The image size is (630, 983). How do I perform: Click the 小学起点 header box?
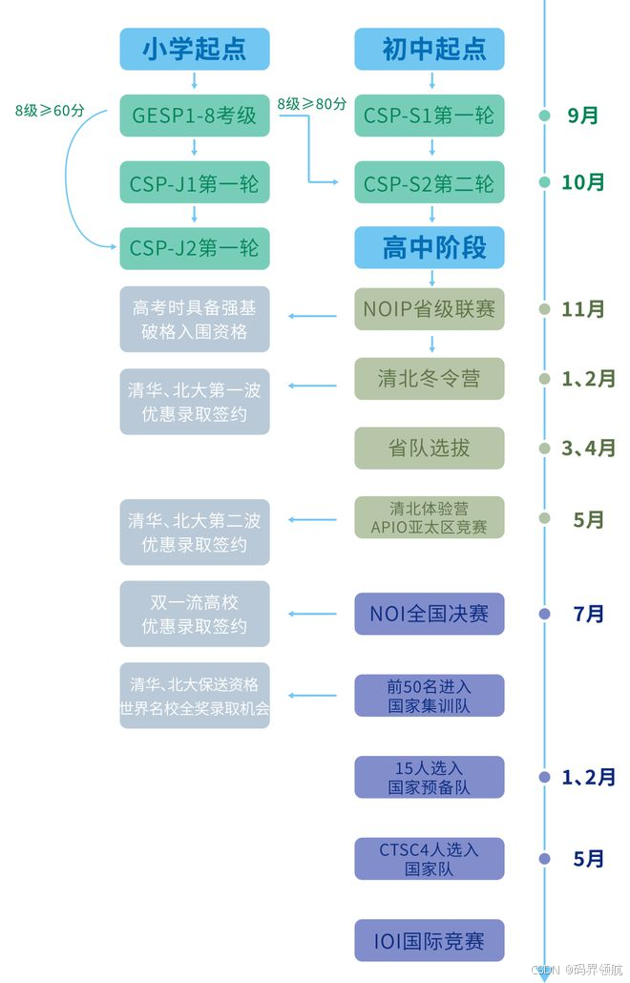195,49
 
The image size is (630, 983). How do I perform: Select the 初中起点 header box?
430,49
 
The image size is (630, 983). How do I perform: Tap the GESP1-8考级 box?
195,115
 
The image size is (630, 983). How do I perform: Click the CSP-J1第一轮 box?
195,181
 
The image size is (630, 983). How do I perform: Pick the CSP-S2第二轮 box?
430,181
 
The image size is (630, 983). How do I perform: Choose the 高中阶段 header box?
430,247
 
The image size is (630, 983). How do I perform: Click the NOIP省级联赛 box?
430,309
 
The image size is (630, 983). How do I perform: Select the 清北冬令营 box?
430,379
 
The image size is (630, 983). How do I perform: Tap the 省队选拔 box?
430,448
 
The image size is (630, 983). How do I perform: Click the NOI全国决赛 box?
430,614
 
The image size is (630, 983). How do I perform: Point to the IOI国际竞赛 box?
430,941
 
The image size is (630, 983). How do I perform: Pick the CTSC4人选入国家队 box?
430,859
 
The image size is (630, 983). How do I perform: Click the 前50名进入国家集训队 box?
430,696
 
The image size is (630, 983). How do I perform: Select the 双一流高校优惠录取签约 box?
195,614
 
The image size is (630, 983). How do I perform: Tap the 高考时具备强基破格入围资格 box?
195,320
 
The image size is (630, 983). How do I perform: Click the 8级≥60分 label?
50,110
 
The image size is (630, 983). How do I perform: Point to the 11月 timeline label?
583,309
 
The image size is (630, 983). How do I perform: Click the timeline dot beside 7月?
545,614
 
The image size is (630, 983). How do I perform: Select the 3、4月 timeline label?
588,448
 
